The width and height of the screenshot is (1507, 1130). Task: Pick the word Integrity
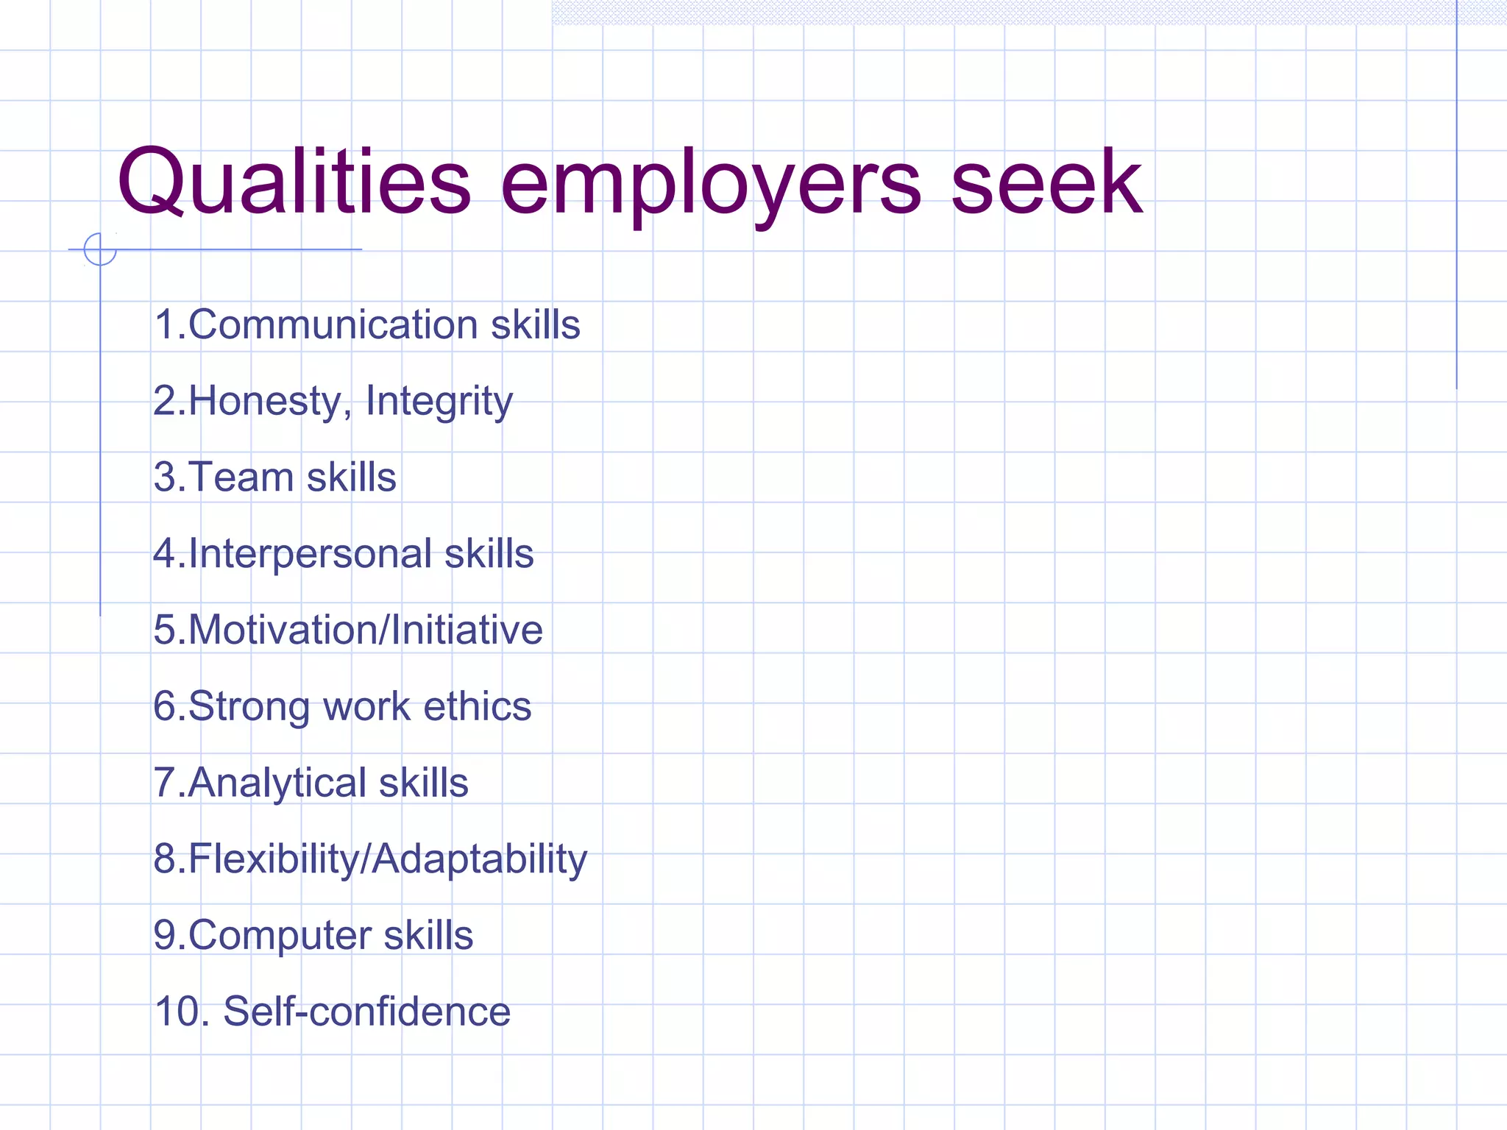[x=439, y=402]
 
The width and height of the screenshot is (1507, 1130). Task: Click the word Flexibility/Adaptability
[x=387, y=859]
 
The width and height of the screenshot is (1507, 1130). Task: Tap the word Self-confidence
[x=366, y=1012]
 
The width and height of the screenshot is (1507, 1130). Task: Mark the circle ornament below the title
[x=100, y=249]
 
